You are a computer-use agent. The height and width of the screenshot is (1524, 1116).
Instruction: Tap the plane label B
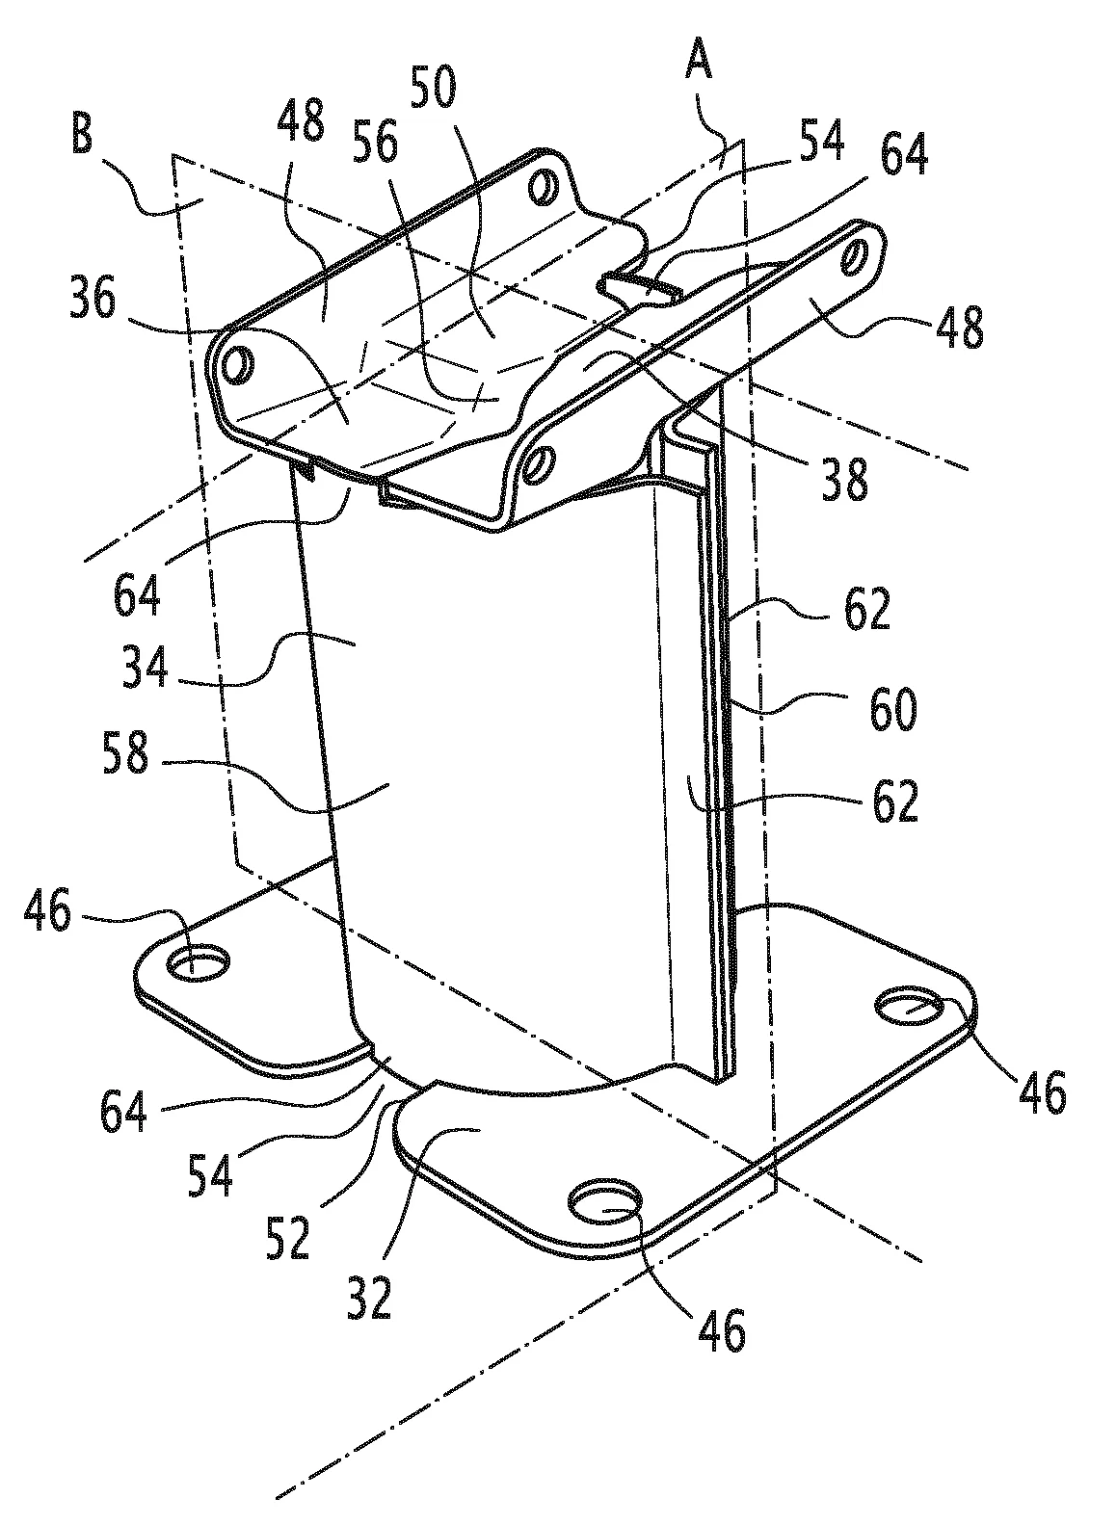tap(82, 135)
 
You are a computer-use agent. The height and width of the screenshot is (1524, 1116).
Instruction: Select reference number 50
tap(434, 88)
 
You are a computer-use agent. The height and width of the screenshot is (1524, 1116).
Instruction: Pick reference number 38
tap(845, 479)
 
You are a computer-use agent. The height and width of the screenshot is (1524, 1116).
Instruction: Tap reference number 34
tap(145, 666)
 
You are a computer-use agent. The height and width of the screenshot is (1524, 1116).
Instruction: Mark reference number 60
tap(892, 710)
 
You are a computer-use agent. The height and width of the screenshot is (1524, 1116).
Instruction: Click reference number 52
tap(288, 1238)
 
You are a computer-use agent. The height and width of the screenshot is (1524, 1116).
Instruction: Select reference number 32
tap(369, 1298)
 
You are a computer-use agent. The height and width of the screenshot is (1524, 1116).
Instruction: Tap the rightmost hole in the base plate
tap(910, 1005)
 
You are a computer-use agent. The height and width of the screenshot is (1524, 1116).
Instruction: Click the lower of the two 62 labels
tap(895, 801)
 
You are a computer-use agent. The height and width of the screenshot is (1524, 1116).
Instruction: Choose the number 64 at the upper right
tap(904, 154)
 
